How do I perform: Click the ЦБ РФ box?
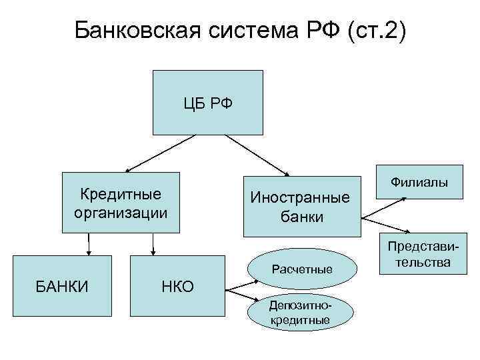208,103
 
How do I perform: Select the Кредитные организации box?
121,203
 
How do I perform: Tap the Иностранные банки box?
299,207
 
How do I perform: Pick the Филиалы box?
419,181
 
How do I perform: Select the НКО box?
177,287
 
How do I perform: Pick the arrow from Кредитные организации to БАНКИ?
89,245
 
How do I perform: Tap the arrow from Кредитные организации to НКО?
153,245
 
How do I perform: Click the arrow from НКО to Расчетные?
240,285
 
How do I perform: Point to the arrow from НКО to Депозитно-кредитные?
240,296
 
